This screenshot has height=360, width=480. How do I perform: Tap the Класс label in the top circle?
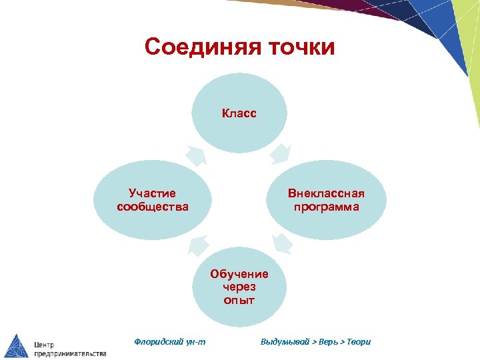click(x=239, y=113)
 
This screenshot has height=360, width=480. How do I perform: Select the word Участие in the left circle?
click(x=153, y=193)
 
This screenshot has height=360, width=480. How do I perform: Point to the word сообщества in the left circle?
click(x=153, y=207)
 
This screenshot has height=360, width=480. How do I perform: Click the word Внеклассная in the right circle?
click(x=327, y=193)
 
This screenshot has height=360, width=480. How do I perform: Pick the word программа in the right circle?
click(x=327, y=207)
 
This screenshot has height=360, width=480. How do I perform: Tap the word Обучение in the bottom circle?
click(x=239, y=273)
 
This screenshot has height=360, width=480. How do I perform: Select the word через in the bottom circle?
click(x=239, y=287)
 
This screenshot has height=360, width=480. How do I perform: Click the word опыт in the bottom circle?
click(x=239, y=300)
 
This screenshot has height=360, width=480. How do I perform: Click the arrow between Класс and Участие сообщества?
click(x=196, y=155)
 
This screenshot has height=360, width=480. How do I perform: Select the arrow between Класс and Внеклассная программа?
click(x=281, y=154)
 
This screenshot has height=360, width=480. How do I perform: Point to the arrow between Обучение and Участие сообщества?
click(x=197, y=246)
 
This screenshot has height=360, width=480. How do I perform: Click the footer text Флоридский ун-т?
click(x=170, y=342)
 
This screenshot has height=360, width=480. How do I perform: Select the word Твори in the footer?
click(x=359, y=342)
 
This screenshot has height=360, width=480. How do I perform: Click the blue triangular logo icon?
click(x=17, y=345)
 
